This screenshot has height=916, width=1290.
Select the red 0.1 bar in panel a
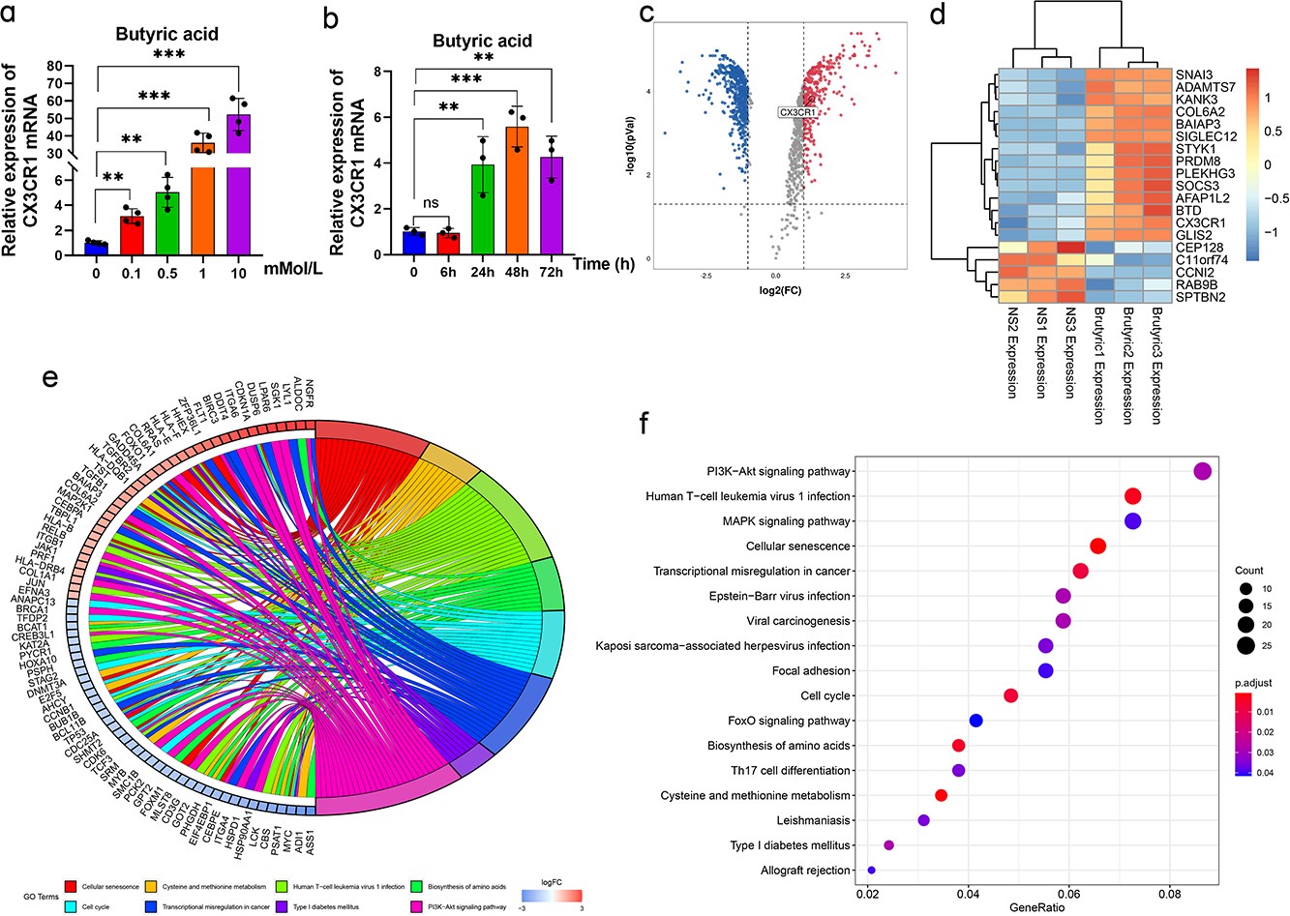[x=132, y=235]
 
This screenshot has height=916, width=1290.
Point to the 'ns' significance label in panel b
[x=430, y=205]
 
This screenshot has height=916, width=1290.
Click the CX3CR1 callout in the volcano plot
[x=797, y=113]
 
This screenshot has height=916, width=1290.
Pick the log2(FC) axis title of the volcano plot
[x=780, y=289]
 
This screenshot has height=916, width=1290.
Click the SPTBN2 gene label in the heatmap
[x=1201, y=297]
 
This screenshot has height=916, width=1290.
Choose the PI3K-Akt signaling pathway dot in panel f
[x=1202, y=472]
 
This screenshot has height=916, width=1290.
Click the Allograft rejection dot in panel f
[x=872, y=871]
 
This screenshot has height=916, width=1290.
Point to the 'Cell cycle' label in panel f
[x=825, y=695]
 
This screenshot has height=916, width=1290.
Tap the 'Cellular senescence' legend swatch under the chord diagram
[x=71, y=886]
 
